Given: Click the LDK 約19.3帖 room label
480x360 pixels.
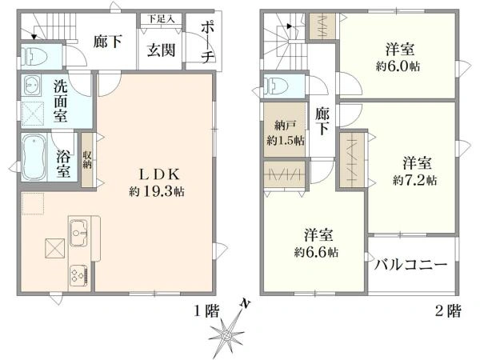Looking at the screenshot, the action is coord(157,182).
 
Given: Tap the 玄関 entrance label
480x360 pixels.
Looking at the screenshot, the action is coord(161,50).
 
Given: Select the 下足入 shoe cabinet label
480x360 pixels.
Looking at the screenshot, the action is coord(161,19).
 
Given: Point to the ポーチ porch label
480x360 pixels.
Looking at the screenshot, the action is coord(207,43).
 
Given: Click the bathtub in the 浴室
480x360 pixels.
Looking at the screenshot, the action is coord(34,157).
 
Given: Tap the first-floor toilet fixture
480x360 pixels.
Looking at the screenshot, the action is coord(34,56).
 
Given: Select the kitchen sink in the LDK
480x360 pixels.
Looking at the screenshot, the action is coord(78,233).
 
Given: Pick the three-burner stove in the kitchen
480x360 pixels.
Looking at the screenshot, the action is coord(79,274).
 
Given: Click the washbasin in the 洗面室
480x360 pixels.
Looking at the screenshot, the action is coord(32,85).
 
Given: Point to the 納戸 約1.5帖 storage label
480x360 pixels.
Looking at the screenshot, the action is coord(286,133).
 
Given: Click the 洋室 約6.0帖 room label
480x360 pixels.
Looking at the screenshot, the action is coord(398,58).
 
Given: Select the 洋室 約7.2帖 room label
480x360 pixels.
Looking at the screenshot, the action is coord(415,171).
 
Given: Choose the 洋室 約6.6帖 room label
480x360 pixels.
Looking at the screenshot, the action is coord(317,243).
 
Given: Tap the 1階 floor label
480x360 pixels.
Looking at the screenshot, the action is coord(207,312).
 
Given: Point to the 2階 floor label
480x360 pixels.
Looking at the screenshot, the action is coord(448,311).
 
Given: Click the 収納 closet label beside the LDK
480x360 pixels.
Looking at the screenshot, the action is coord(87,161).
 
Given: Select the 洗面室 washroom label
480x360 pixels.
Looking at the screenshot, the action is coord(60,101).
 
